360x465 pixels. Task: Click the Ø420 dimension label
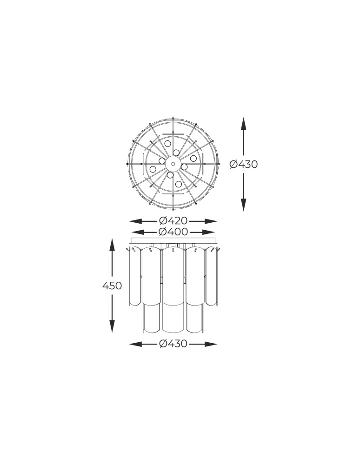coord(173,221)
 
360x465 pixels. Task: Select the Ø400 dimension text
coord(173,232)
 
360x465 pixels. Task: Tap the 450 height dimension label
coord(112,286)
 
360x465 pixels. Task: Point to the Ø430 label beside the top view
coord(244,164)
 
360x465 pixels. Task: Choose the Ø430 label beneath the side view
coord(173,344)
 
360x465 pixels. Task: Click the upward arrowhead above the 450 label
coord(112,245)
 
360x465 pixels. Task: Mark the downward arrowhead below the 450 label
coord(112,326)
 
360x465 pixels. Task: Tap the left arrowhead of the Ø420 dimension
coord(135,221)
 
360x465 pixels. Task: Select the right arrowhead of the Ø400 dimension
coord(209,232)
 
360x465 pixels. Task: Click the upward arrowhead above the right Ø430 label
coord(243,124)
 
